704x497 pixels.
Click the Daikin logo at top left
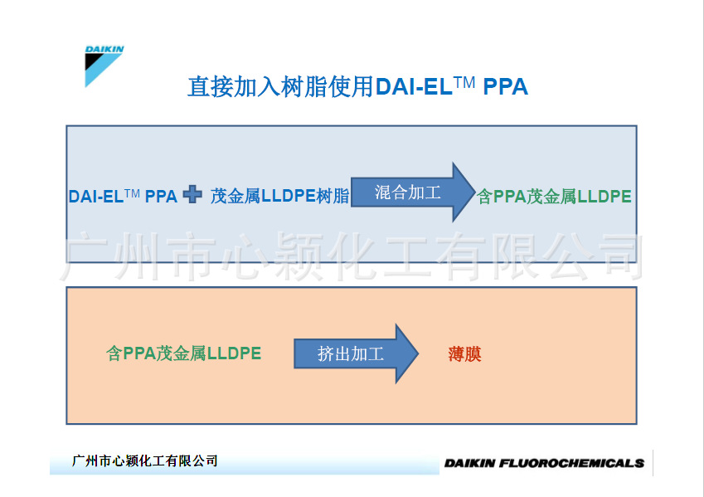point(104,66)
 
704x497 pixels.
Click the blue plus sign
point(192,194)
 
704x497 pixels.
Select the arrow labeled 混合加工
point(413,192)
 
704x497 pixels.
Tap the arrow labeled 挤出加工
point(356,353)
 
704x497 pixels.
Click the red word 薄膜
point(464,354)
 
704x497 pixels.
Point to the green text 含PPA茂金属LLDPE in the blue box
point(554,197)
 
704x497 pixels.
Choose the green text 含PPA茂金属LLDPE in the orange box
point(183,353)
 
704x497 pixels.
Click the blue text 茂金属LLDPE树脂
point(279,196)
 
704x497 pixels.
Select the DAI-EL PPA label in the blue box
point(123,197)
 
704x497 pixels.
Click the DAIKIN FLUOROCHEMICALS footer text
point(544,463)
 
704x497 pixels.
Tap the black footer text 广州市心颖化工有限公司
point(144,460)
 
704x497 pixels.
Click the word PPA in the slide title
point(505,87)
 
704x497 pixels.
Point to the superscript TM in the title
point(464,82)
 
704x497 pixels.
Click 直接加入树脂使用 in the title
point(280,86)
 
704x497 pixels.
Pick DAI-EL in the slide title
point(414,87)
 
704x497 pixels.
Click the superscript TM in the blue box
point(132,193)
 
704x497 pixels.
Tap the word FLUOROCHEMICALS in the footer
point(571,463)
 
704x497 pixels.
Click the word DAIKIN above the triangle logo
point(104,49)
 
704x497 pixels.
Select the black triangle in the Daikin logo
point(95,61)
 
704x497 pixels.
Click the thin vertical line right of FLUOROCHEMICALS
point(653,462)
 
